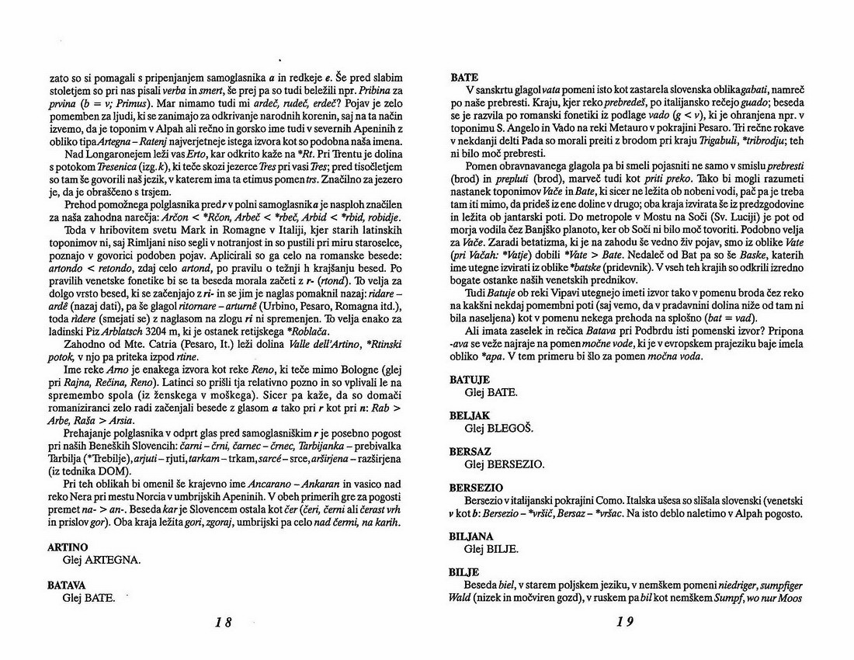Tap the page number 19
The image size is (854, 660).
coord(625,621)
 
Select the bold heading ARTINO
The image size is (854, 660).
coord(68,547)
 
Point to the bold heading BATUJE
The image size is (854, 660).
coord(472,380)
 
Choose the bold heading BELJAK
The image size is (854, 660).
coord(471,415)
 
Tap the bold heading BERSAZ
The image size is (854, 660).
coord(471,451)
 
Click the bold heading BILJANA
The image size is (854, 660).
coord(474,537)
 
